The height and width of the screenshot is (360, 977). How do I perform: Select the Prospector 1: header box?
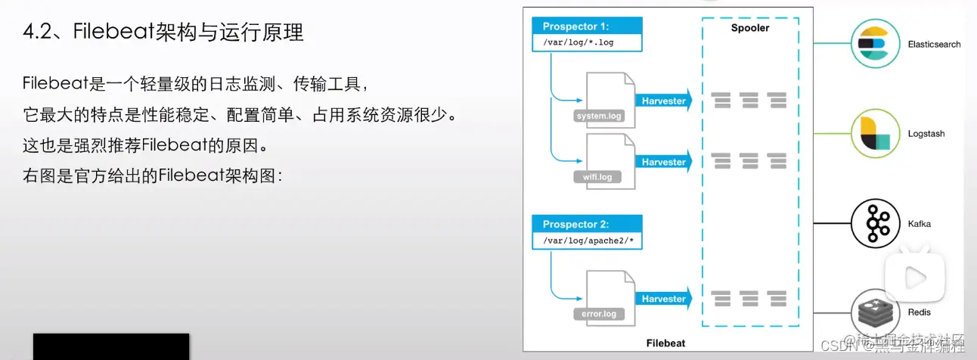click(586, 26)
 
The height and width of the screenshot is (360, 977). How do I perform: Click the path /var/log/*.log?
click(578, 42)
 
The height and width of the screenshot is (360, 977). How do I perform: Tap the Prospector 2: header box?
click(586, 225)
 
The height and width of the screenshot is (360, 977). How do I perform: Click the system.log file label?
click(598, 116)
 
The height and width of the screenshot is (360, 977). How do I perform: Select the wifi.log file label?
click(597, 177)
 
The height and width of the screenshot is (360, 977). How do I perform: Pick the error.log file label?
click(598, 314)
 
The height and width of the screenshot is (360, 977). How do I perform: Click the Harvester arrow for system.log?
click(663, 101)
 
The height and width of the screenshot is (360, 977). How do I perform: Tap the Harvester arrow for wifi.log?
click(663, 162)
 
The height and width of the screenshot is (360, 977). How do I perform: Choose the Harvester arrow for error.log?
click(663, 299)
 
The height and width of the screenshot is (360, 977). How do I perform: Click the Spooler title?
click(749, 28)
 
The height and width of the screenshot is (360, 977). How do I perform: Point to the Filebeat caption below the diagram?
click(665, 343)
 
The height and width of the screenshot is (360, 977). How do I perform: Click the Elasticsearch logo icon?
click(873, 44)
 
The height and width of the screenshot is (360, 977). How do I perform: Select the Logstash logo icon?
click(873, 134)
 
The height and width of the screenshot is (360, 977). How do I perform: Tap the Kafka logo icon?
click(873, 224)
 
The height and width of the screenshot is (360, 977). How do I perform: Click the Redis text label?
click(920, 312)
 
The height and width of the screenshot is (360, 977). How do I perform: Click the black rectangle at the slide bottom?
click(111, 346)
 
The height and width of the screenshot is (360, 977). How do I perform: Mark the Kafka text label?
click(919, 224)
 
